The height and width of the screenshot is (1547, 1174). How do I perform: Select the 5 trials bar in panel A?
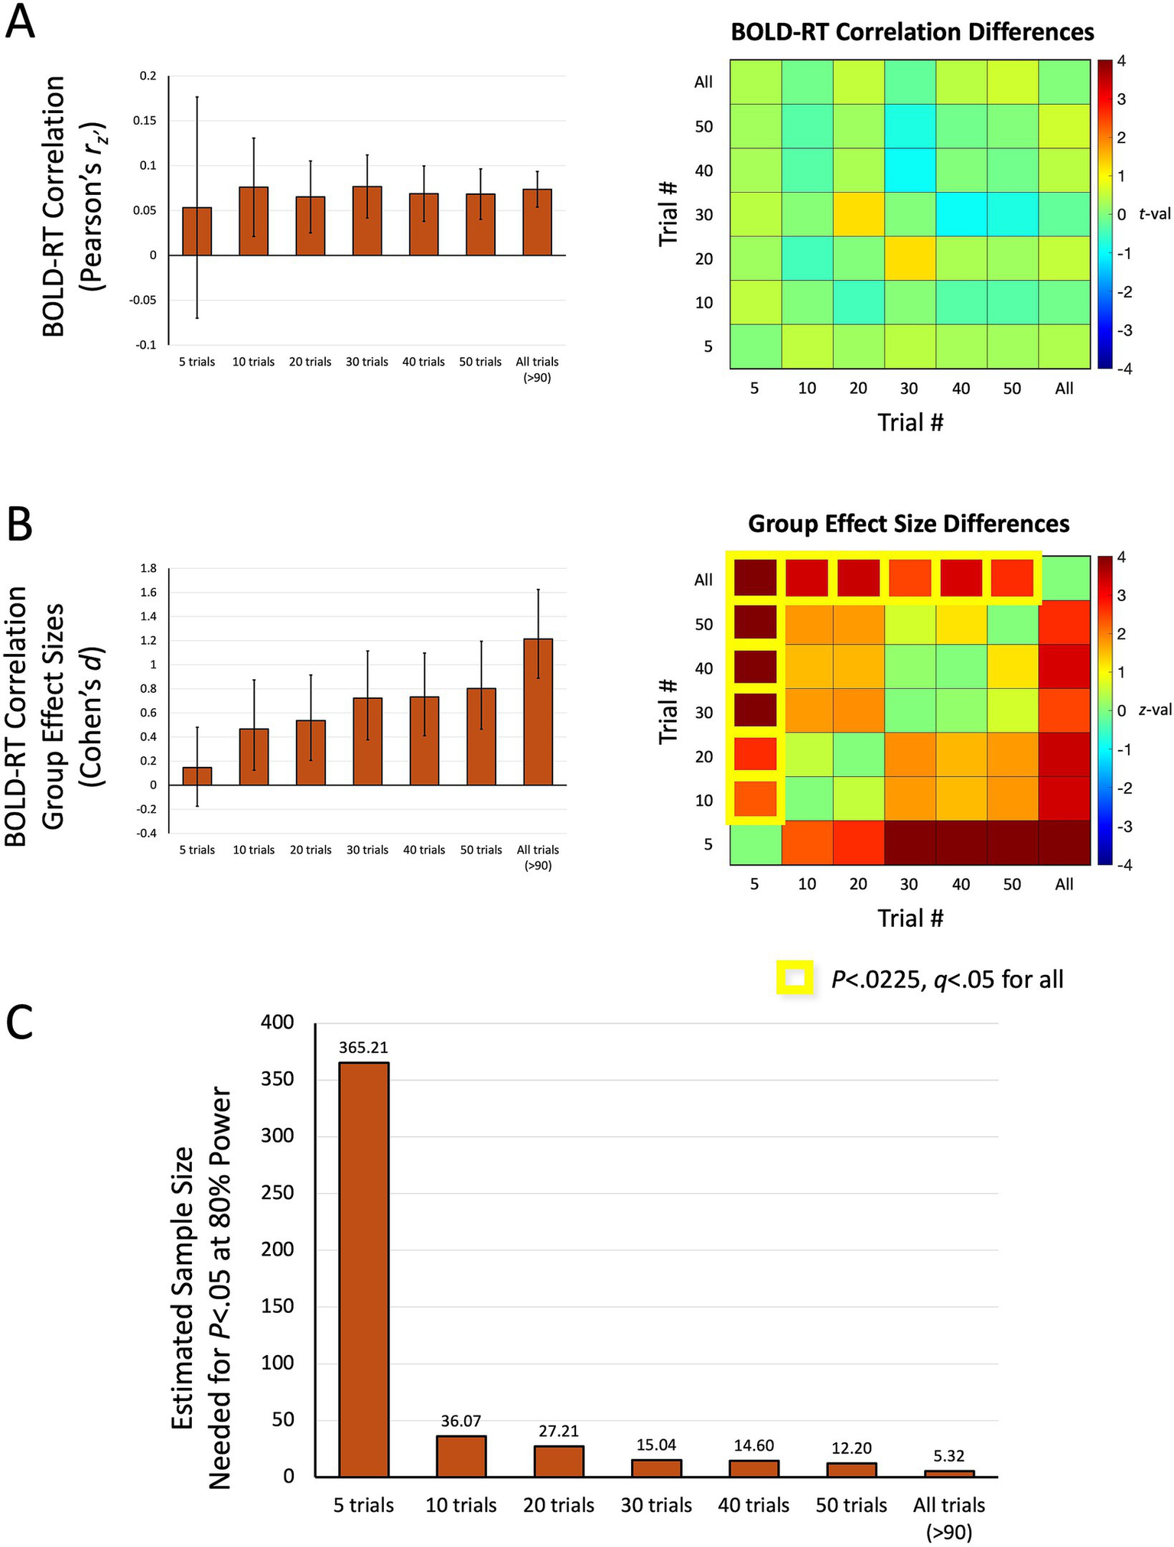coord(197,231)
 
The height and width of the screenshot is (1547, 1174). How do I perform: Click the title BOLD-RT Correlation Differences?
coord(912,32)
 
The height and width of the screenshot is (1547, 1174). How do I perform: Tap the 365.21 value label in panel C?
coord(363,1048)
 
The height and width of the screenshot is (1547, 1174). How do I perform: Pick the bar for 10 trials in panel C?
coord(461,1456)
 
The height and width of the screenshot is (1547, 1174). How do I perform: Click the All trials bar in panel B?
coord(538,711)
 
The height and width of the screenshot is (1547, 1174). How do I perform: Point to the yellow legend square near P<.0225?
coord(795,978)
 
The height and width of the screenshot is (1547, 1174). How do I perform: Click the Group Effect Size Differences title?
coord(908,524)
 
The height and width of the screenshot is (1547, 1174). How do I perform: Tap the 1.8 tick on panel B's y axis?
coord(148,568)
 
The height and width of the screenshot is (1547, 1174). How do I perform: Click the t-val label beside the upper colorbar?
coord(1154,214)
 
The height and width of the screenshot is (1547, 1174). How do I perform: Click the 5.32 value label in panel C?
coord(949,1458)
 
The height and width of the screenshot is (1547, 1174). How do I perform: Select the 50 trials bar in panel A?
coord(480,224)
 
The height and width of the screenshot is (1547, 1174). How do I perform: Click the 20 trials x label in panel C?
coord(558,1505)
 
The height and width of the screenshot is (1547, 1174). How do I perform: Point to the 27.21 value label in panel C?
coord(559,1431)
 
